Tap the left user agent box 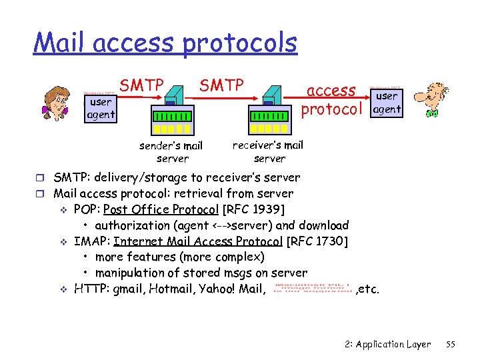coord(101,108)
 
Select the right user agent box coord(386,103)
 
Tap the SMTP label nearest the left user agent coord(141,85)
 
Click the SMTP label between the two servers coord(221,85)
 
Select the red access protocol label coord(332,99)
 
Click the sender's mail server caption coord(171,152)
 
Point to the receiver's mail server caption coord(268,151)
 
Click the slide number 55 coord(450,344)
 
